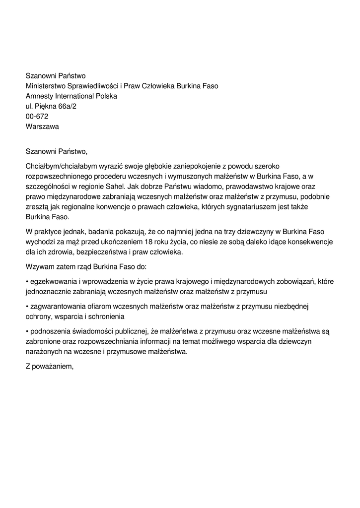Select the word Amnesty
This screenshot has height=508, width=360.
click(39, 96)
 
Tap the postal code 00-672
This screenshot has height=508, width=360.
click(37, 116)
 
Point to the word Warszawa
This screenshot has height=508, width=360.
click(42, 127)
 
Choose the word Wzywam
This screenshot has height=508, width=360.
click(39, 266)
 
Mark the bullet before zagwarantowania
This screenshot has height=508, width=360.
click(27, 307)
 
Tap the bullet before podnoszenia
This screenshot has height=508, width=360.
click(27, 331)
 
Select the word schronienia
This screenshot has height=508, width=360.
click(105, 317)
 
